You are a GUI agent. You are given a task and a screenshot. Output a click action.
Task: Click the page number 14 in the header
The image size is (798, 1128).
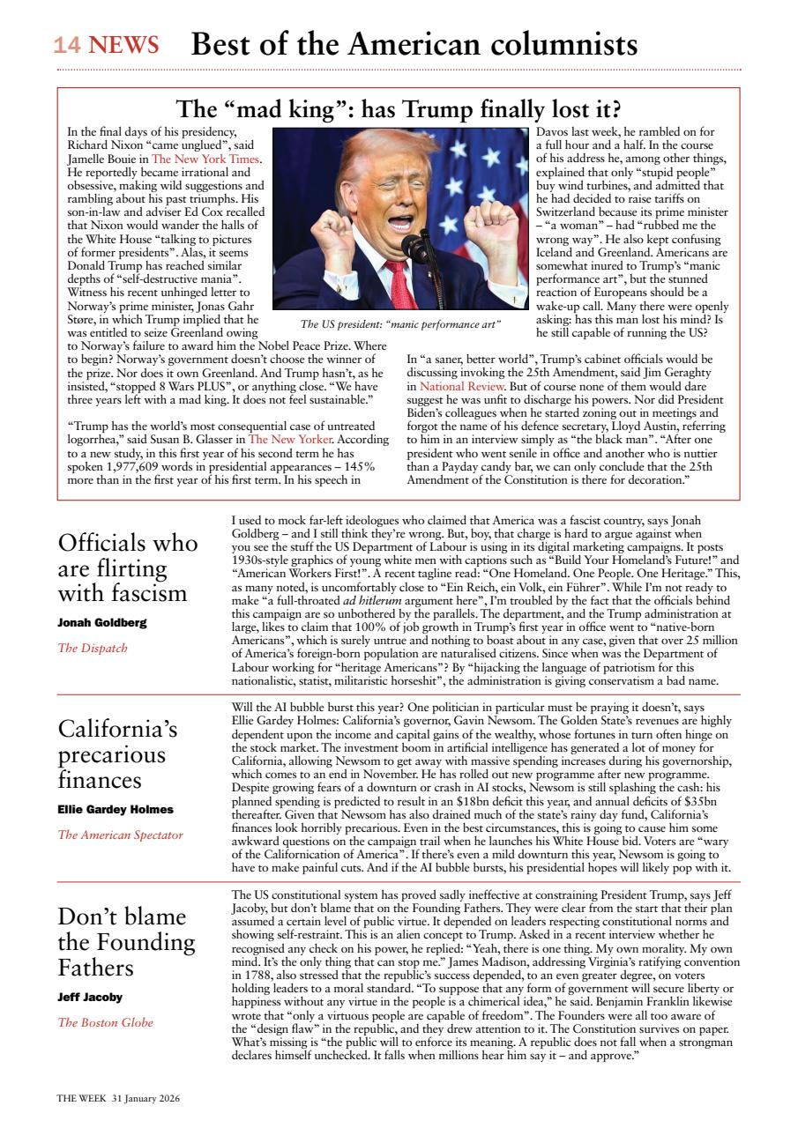click(x=69, y=45)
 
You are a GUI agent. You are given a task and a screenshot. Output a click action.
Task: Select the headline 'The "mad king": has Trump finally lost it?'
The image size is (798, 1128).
click(x=399, y=110)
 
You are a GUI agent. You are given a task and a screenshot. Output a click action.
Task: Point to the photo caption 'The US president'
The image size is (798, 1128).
click(x=400, y=323)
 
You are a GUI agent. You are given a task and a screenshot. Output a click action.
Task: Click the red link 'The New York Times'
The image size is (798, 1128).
click(x=205, y=160)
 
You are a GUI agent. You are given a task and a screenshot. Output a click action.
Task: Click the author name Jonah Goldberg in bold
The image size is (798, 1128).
click(x=102, y=622)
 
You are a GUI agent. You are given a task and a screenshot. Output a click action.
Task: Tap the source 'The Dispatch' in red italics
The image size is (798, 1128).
click(x=93, y=648)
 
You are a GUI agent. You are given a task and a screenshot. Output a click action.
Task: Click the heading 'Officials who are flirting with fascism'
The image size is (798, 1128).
click(x=127, y=567)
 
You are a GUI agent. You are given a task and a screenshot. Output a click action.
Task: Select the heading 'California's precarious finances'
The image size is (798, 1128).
click(x=117, y=754)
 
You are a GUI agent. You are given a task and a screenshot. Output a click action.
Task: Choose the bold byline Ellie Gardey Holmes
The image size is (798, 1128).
click(x=116, y=809)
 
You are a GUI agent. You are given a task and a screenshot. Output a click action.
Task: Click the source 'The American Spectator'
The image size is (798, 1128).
click(x=121, y=835)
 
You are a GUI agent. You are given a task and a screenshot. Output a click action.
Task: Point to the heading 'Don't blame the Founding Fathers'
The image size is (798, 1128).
click(x=126, y=942)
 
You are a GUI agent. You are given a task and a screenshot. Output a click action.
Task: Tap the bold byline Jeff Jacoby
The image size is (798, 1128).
click(x=90, y=997)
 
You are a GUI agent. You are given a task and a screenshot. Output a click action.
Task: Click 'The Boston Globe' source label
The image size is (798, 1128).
click(x=106, y=1022)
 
